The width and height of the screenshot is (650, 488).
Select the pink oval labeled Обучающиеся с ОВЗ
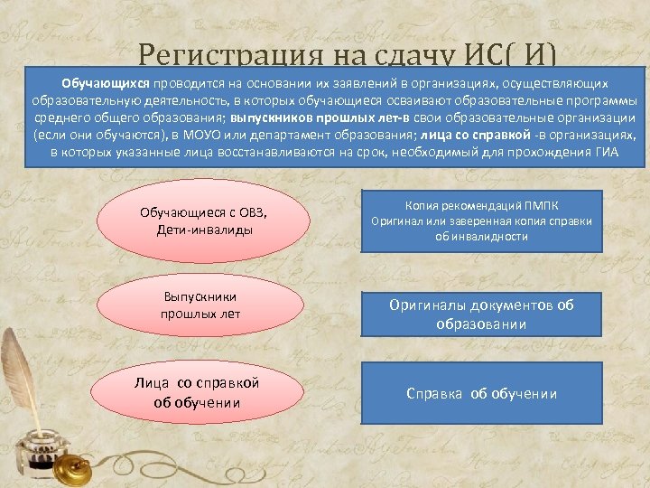[196, 221]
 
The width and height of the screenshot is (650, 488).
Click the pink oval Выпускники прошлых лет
[196, 305]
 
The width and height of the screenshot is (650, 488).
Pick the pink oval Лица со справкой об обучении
[196, 392]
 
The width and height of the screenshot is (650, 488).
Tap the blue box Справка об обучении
[481, 393]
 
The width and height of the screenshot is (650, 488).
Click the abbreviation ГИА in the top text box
[607, 151]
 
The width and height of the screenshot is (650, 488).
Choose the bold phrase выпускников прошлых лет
[315, 117]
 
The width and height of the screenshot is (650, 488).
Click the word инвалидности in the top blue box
[489, 236]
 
